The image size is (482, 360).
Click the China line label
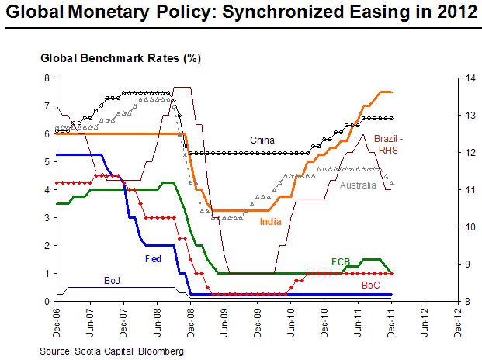coord(262,140)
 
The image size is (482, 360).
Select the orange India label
coord(271,221)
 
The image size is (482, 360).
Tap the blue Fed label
coord(153,259)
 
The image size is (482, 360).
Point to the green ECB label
coord(341,261)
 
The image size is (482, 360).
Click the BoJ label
coord(112,280)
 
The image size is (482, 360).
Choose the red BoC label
coord(371,286)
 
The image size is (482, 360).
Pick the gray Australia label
coord(358,185)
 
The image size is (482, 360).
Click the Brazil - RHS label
coord(388,144)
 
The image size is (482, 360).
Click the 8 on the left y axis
coord(47,78)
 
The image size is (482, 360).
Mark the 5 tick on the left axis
coord(47,162)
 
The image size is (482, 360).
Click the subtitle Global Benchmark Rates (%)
coord(120,58)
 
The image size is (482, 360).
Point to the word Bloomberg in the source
coord(161,351)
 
